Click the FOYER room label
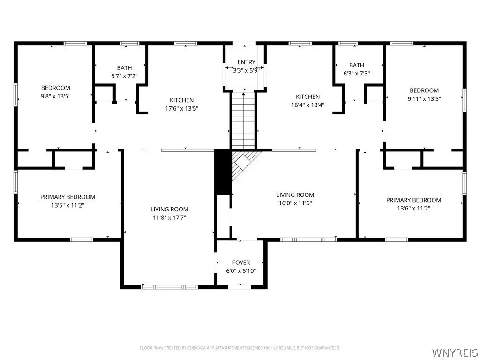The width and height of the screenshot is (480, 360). tap(241, 262)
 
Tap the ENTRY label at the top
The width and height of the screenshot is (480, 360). tap(246, 62)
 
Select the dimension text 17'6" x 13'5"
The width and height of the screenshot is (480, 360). tap(181, 108)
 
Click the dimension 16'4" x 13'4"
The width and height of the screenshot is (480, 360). tap(307, 105)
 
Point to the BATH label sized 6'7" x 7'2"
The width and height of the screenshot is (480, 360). tap(124, 68)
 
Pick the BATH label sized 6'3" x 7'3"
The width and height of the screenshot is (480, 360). tap(357, 65)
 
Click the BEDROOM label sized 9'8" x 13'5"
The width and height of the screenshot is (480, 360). tap(56, 88)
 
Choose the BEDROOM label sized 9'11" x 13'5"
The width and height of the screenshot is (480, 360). tap(424, 90)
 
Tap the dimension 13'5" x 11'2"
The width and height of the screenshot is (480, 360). tap(67, 205)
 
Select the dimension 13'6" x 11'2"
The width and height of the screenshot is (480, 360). tap(413, 209)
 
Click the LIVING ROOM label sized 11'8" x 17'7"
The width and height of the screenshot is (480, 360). tap(169, 210)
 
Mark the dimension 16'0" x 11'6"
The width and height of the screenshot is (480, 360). tap(295, 203)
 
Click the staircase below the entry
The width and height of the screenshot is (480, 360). tap(243, 120)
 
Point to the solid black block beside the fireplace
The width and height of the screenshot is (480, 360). tap(223, 172)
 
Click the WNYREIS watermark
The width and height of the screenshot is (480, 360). tap(454, 352)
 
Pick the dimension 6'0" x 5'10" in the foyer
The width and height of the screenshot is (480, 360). tap(241, 271)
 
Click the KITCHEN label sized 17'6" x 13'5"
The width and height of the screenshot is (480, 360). tap(181, 100)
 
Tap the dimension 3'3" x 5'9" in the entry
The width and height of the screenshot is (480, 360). tap(246, 70)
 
